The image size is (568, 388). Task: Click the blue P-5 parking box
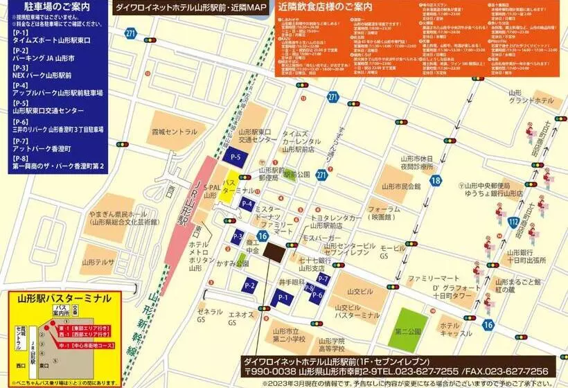236,157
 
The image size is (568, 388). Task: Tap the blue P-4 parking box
247,204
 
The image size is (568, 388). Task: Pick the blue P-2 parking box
250,285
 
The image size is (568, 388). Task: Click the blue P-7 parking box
323,279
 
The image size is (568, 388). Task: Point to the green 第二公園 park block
407,330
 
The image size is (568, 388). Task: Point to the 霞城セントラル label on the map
175,132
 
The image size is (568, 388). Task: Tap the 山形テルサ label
98,262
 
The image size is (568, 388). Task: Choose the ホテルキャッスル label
455,329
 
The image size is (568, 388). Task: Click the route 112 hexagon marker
513,222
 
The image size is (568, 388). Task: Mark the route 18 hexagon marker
435,181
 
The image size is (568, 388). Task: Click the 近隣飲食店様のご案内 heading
325,8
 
